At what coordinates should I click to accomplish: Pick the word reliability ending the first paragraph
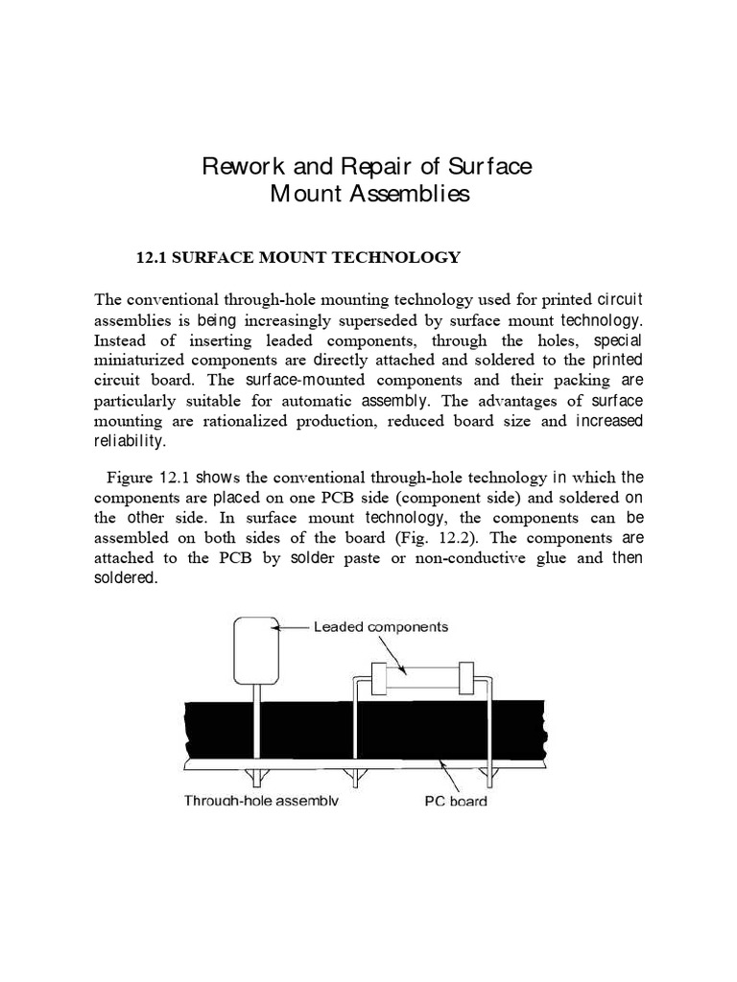point(130,441)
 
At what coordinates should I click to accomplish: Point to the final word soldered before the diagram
point(124,578)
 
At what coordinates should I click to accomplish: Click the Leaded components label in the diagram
point(381,627)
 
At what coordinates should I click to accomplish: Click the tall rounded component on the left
point(255,648)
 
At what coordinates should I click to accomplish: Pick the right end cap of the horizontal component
point(467,679)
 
